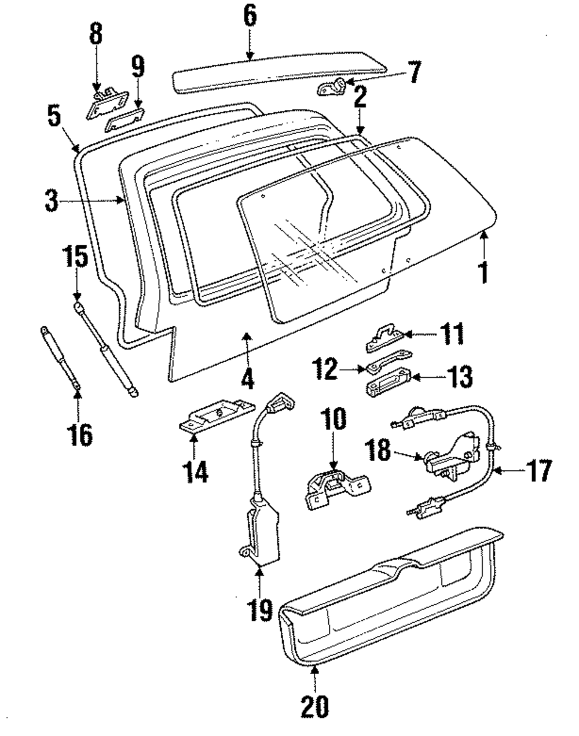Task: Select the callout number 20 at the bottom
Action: [314, 706]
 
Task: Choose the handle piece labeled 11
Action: [387, 338]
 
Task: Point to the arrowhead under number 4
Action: [247, 335]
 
